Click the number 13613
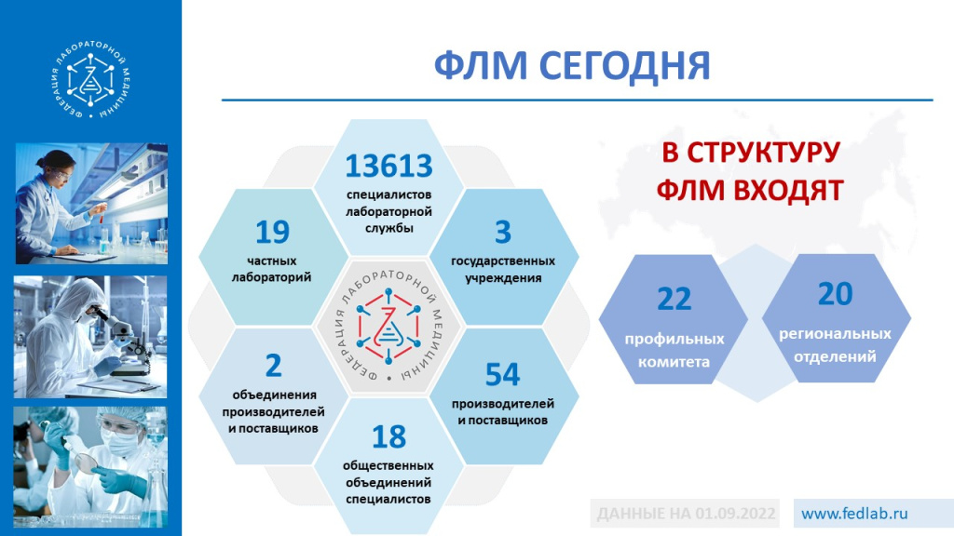tap(388, 166)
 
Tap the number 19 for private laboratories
tap(272, 232)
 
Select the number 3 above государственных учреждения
tap(502, 232)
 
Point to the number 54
tap(502, 374)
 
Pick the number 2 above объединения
tap(273, 365)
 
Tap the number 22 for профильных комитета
tap(675, 300)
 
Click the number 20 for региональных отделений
tap(836, 294)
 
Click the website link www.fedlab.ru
tap(854, 513)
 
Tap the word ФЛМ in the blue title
tap(480, 66)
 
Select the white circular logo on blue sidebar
tap(90, 84)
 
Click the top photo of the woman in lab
tap(91, 203)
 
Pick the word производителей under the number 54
tap(503, 404)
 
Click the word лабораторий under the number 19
tap(272, 277)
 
